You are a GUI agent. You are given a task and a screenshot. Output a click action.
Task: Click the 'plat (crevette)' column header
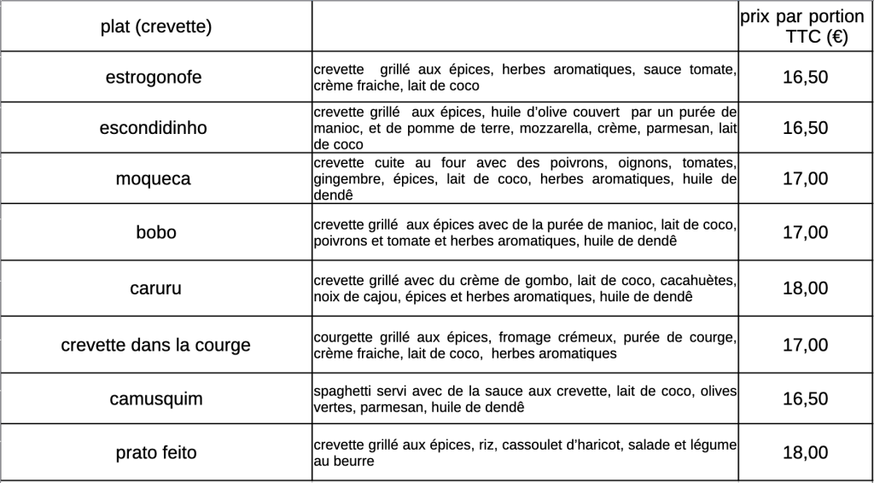[155, 27]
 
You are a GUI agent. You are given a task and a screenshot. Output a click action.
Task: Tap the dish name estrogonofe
[154, 78]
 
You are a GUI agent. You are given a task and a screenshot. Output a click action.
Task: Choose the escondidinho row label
[154, 128]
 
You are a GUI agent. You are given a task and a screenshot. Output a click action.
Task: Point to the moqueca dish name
[154, 179]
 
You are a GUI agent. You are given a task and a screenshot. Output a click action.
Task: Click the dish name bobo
[156, 232]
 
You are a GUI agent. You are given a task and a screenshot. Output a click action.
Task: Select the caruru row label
[154, 288]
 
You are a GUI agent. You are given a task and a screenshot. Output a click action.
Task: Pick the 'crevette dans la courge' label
[156, 346]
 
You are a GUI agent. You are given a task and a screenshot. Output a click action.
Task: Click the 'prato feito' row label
[156, 453]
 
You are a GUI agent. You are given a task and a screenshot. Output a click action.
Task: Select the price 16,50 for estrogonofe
[805, 78]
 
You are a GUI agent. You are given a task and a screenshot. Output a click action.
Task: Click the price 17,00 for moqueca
[805, 179]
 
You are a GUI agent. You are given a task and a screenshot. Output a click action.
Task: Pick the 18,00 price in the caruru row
[805, 288]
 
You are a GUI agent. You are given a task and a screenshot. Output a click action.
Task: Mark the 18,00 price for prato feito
[805, 453]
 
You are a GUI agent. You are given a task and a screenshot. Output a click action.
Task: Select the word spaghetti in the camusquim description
[342, 392]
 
